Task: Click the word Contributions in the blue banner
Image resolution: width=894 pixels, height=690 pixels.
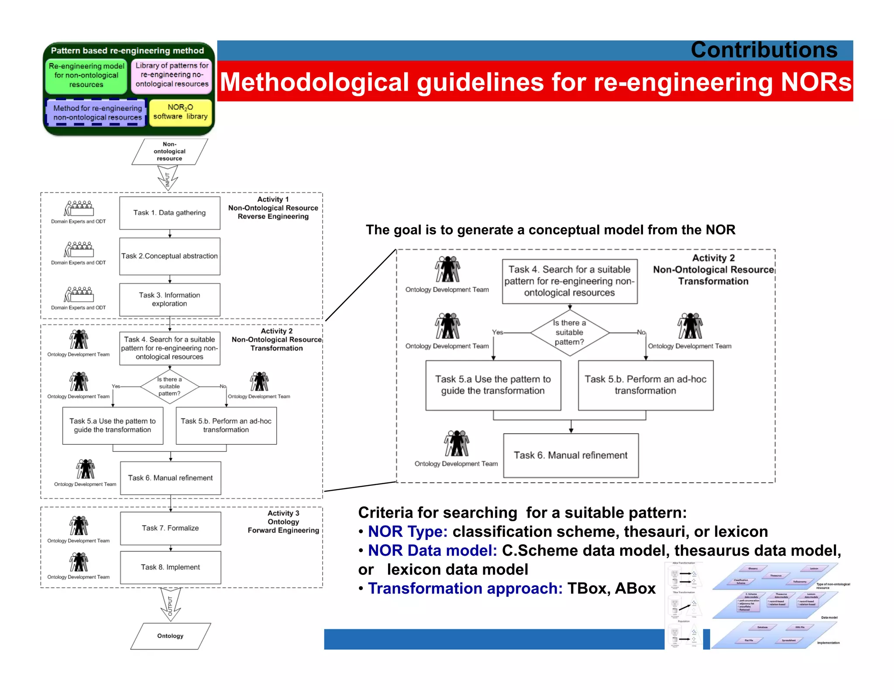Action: coord(763,50)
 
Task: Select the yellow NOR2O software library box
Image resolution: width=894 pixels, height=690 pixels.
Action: coord(180,112)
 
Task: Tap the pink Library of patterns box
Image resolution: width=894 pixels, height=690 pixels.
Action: coord(172,75)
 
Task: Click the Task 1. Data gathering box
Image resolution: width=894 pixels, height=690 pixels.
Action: coord(169,213)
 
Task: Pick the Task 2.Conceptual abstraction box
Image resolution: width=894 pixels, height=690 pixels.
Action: coord(169,256)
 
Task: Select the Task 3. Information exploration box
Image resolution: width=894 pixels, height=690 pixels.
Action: coord(169,300)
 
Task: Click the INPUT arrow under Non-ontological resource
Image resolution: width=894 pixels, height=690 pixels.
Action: coord(168,178)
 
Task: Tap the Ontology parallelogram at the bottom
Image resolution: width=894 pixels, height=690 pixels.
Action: coord(170,636)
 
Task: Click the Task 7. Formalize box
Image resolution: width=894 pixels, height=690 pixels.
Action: coord(170,528)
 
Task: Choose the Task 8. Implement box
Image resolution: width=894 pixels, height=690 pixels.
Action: coord(170,567)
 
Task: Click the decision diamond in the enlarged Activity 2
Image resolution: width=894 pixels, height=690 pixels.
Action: coord(570,333)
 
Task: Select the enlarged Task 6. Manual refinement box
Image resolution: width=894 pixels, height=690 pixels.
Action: coord(571,455)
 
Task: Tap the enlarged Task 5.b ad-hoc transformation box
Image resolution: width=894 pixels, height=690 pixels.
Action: coord(645,385)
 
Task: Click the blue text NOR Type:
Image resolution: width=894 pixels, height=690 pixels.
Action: coord(407,532)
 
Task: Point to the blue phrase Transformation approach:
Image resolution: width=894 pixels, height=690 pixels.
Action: coord(465,589)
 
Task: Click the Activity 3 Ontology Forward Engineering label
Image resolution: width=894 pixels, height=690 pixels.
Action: coord(283,522)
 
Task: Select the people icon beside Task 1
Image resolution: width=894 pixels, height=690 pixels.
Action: coord(79,208)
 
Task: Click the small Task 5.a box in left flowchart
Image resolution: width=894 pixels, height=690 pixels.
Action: coord(113,426)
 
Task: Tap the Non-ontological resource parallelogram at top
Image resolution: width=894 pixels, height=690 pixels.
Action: coord(169,151)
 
